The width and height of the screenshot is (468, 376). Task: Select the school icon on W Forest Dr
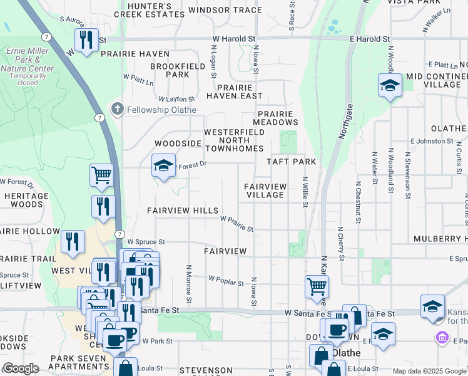point(163,166)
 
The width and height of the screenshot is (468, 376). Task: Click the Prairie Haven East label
point(235,91)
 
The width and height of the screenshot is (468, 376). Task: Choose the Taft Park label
point(291,162)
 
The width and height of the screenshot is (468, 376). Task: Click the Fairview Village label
point(265,191)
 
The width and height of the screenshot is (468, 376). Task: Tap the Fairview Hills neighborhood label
point(183,211)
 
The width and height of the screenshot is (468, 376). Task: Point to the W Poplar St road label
point(226,280)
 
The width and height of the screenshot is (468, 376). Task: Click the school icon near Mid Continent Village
point(390,85)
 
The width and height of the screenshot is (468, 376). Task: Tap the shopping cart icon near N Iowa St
point(317,286)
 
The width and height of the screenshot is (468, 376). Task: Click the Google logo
point(21,368)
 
